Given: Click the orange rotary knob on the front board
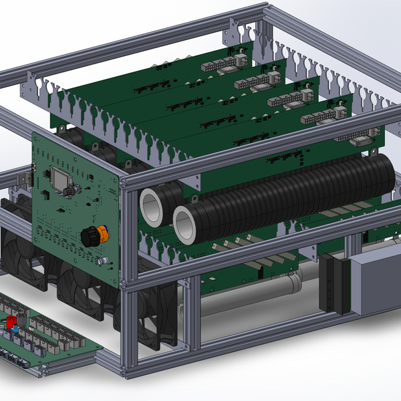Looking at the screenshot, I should (x=93, y=235).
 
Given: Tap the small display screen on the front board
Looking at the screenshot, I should (x=58, y=178).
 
